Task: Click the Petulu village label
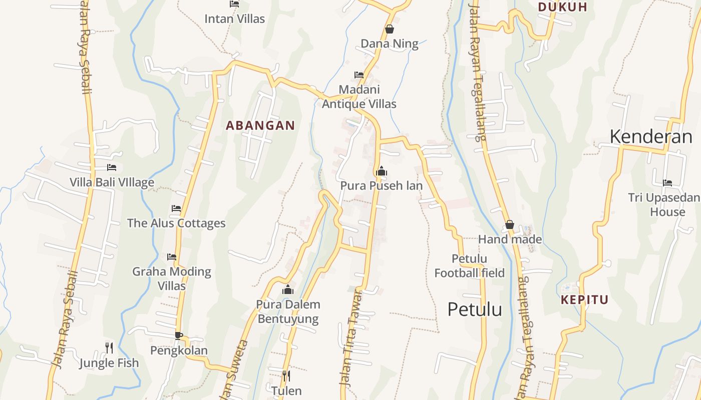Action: click(474, 309)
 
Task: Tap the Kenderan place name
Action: click(650, 136)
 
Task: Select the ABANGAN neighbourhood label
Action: click(260, 125)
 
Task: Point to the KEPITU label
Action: click(584, 300)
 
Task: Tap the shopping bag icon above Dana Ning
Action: click(390, 29)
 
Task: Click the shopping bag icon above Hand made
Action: click(510, 225)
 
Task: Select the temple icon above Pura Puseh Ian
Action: click(382, 171)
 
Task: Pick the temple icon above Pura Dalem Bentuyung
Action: click(287, 290)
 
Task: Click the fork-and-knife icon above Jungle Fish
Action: click(109, 347)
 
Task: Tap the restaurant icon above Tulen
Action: click(286, 375)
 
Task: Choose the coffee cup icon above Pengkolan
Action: click(178, 335)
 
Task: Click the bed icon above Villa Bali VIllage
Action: click(112, 167)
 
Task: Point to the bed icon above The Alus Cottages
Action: click(176, 208)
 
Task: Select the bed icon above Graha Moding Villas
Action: click(172, 257)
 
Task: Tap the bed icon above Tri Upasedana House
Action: click(667, 183)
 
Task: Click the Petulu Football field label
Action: click(469, 266)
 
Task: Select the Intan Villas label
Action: click(234, 19)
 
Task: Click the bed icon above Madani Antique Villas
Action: click(359, 75)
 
